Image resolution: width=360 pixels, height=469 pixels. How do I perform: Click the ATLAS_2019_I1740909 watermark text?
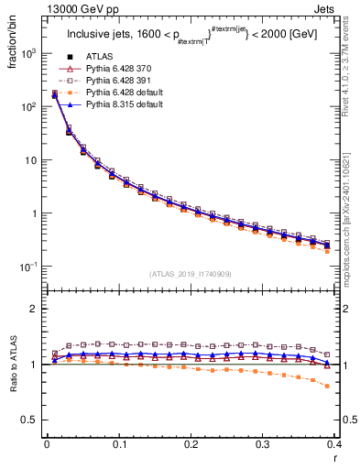tap(190, 274)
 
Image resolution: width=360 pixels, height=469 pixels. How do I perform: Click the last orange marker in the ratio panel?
tap(327, 386)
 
